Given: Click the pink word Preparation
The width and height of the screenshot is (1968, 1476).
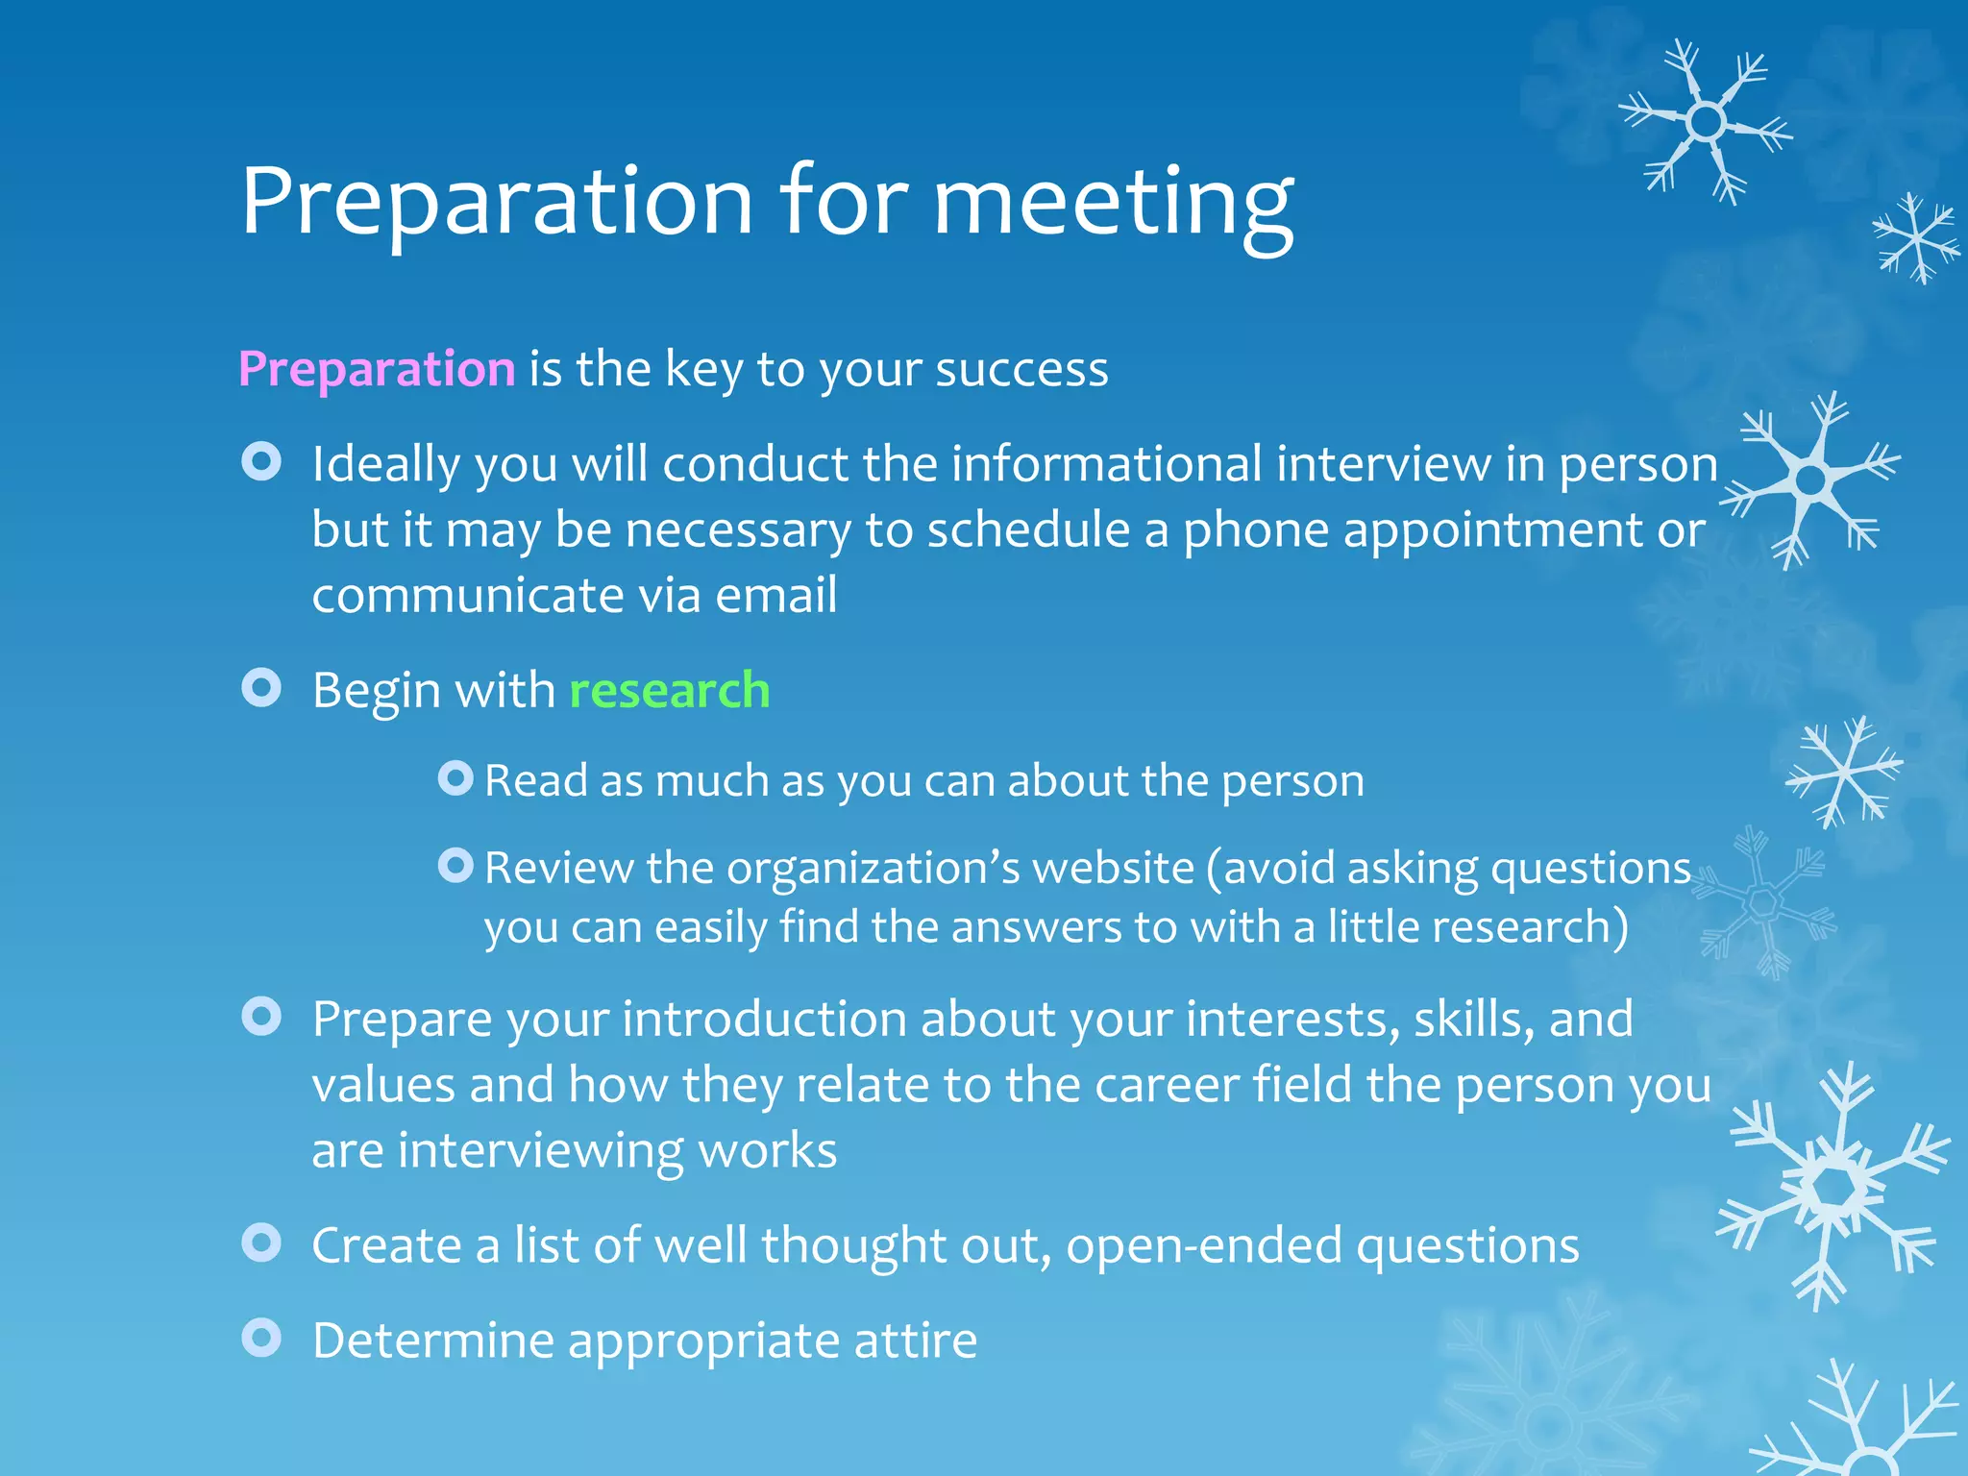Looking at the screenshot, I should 377,369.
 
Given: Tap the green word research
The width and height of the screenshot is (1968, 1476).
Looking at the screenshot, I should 670,690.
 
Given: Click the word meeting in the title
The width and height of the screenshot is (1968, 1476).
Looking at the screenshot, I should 1113,202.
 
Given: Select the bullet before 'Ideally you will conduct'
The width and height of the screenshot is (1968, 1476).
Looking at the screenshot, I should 261,462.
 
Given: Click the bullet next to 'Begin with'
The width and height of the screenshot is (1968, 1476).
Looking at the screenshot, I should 261,688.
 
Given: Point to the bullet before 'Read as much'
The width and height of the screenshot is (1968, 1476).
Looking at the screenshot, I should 455,777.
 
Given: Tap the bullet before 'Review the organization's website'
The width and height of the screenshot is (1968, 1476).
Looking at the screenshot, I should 455,866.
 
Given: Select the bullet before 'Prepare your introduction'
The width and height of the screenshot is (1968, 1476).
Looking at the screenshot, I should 261,1017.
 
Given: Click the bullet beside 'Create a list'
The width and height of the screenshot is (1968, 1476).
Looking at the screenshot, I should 261,1242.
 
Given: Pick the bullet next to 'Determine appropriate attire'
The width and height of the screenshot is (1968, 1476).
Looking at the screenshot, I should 261,1338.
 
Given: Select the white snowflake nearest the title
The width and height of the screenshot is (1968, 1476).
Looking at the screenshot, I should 1706,122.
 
